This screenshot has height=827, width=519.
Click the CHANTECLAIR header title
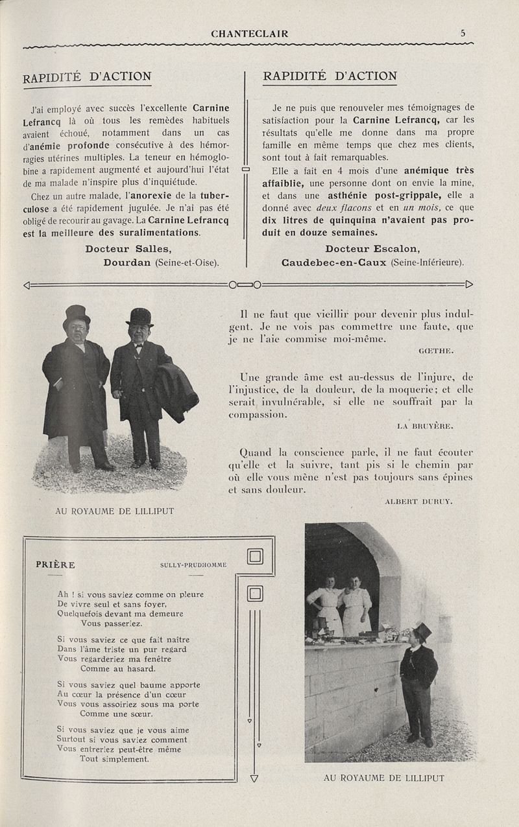click(x=250, y=34)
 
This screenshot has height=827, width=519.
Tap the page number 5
click(x=463, y=33)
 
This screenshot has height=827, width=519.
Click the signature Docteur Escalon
click(x=372, y=249)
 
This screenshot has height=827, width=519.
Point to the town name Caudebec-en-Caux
click(x=334, y=262)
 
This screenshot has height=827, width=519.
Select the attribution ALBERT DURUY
click(x=418, y=502)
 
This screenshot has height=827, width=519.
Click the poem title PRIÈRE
click(x=55, y=565)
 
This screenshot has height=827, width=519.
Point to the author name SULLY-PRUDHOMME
click(x=193, y=565)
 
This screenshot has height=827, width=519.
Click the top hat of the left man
click(x=77, y=315)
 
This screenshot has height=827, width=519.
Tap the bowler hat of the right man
click(x=139, y=316)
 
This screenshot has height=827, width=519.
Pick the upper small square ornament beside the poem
click(x=255, y=557)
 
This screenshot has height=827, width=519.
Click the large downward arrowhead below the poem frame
click(x=254, y=778)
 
